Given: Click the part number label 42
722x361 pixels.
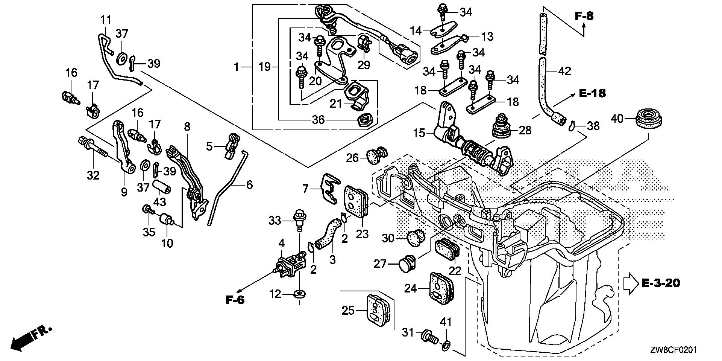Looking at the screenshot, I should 565,71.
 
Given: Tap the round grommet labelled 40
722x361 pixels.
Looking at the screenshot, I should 649,119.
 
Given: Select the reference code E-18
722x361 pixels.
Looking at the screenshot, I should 592,93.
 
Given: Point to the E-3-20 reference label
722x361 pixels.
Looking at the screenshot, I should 660,283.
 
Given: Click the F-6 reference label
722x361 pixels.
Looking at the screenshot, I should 235,300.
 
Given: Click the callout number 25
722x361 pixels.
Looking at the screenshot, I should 348,311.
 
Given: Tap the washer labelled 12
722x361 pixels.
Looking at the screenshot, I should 300,294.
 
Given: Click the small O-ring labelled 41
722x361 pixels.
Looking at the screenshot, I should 446,345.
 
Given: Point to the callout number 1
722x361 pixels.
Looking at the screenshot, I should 236,68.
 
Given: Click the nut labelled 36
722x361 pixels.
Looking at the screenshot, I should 364,120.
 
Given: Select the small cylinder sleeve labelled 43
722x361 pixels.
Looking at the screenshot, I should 162,187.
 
